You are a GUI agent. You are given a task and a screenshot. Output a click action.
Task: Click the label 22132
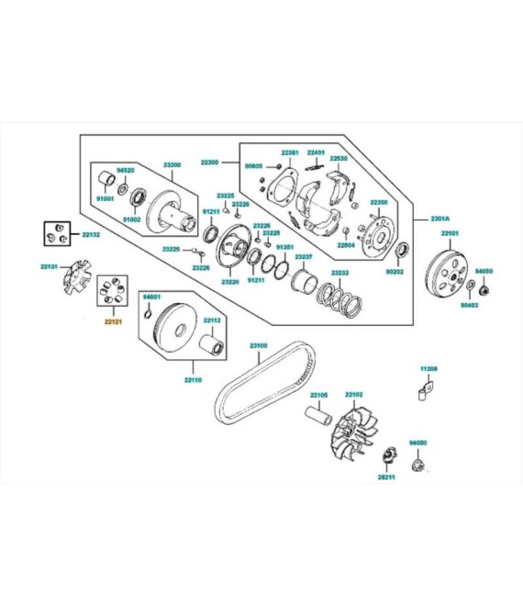point(91,235)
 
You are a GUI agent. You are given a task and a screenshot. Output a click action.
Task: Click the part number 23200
point(172,164)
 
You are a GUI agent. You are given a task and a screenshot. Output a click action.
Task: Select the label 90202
point(394,273)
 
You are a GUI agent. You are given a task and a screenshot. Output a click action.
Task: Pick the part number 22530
point(339,159)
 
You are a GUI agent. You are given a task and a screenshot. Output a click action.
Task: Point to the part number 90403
point(470,304)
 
